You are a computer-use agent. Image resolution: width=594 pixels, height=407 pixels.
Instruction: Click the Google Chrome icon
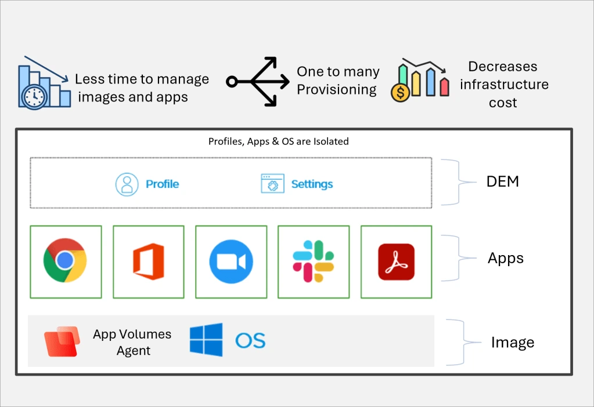[65, 260]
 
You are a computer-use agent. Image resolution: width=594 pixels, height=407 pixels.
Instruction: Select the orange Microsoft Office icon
[149, 261]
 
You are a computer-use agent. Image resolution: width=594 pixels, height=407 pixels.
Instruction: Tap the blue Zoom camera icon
[231, 261]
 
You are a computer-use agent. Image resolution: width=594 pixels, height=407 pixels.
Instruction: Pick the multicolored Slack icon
[314, 261]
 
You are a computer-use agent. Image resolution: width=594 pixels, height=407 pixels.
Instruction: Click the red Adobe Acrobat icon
[396, 261]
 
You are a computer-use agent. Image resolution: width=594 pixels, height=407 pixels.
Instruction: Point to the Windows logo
[206, 340]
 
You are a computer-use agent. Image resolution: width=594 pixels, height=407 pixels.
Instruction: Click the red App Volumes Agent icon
[62, 341]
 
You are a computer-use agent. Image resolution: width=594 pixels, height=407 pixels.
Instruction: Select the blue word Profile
[162, 184]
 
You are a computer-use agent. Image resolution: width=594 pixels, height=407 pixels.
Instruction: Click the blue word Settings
[312, 184]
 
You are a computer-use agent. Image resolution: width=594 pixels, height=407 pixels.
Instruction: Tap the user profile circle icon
[127, 184]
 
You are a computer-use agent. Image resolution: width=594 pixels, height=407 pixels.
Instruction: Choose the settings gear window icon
[273, 183]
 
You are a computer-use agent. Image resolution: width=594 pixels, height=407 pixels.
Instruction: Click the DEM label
[503, 181]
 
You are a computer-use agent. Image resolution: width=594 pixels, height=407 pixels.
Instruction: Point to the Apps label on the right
[506, 258]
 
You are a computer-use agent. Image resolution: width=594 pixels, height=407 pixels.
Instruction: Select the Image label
[513, 342]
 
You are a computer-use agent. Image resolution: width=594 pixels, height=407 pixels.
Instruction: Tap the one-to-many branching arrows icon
[258, 81]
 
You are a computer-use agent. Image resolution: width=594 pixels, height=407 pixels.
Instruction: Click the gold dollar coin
[401, 92]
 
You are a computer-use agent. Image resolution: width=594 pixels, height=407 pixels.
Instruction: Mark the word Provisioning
[337, 90]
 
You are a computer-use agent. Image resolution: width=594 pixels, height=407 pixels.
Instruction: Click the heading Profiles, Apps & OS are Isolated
[279, 141]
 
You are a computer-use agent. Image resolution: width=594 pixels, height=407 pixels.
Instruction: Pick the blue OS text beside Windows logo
[250, 340]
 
